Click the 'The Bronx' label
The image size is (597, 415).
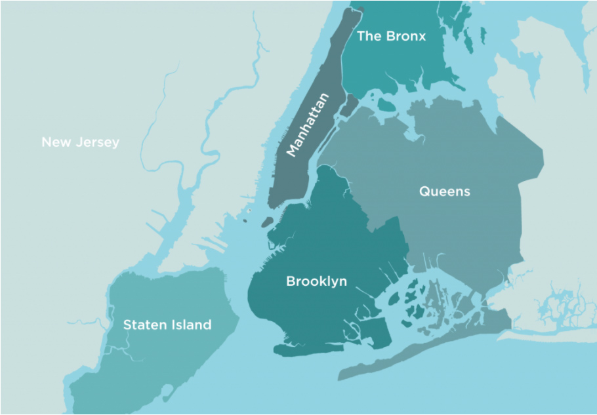pyautogui.click(x=391, y=36)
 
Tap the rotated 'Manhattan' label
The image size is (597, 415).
pyautogui.click(x=307, y=125)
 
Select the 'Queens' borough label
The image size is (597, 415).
pyautogui.click(x=445, y=191)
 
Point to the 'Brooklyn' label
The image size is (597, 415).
pyautogui.click(x=316, y=281)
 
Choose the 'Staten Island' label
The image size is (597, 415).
pyautogui.click(x=167, y=325)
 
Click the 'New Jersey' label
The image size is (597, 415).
pyautogui.click(x=80, y=142)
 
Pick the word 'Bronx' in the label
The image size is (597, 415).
pyautogui.click(x=405, y=36)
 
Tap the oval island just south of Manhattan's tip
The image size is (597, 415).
pyautogui.click(x=266, y=223)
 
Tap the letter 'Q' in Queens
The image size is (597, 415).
pyautogui.click(x=424, y=191)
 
